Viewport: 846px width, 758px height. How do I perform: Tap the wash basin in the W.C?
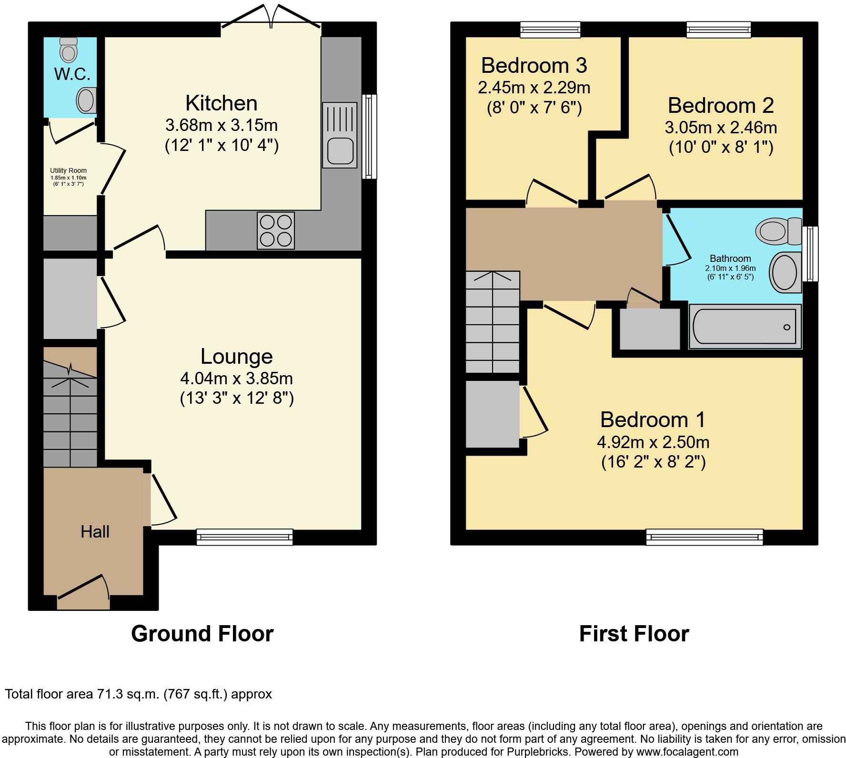point(86,100)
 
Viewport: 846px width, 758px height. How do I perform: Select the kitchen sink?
point(340,135)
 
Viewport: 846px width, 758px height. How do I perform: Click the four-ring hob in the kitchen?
point(276,230)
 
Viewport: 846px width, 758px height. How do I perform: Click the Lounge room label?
point(237,356)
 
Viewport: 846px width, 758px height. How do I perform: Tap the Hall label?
point(95,531)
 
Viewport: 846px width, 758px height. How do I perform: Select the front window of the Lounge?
point(245,537)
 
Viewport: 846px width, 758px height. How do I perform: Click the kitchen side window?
point(369,137)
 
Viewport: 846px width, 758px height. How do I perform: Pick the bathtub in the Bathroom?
point(745,327)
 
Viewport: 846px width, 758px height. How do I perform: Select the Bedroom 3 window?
point(551,30)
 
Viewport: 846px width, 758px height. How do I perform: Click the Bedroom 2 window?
point(719,30)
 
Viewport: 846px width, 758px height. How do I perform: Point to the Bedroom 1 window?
point(705,537)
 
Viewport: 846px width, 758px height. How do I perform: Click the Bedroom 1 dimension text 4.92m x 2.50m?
point(653,442)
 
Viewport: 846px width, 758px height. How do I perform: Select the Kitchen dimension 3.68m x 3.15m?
point(222,125)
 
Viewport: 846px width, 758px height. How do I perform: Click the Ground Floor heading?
point(202,634)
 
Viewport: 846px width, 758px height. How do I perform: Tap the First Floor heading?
point(634,634)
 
